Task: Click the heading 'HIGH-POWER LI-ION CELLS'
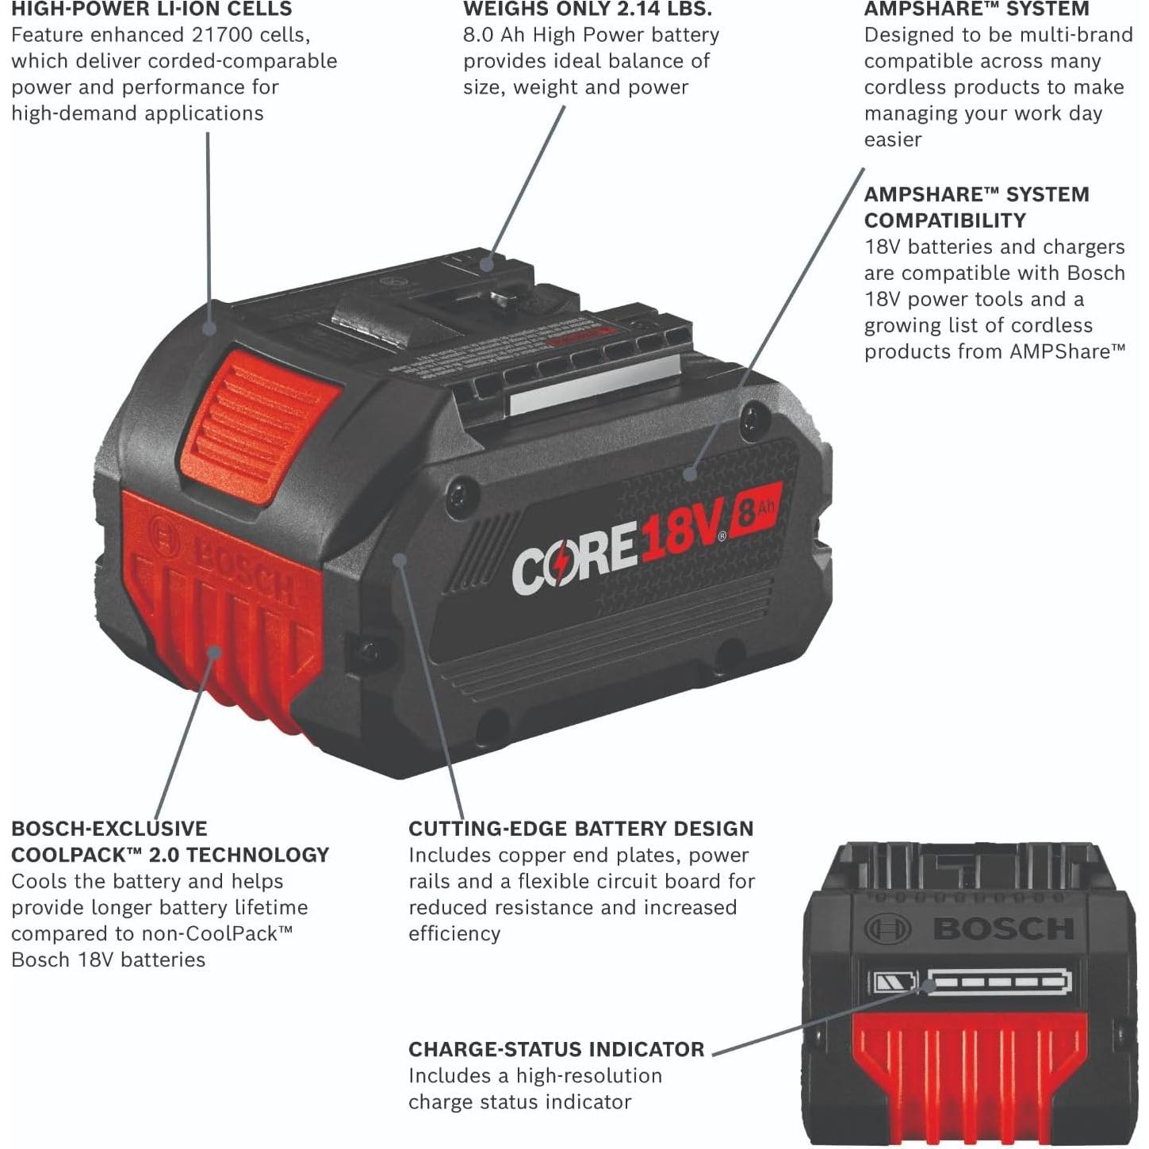tap(151, 10)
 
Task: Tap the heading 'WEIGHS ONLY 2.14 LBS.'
tap(588, 10)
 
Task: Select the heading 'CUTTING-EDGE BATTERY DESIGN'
tap(580, 829)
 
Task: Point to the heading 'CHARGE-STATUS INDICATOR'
tap(556, 1049)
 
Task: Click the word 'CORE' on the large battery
tap(573, 558)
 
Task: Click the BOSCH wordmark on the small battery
tap(1004, 929)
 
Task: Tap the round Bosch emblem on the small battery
tap(887, 929)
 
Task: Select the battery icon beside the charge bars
tap(894, 984)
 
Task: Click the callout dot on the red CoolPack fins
tap(215, 653)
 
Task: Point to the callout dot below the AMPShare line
tap(690, 475)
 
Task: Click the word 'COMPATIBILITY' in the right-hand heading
tap(944, 220)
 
